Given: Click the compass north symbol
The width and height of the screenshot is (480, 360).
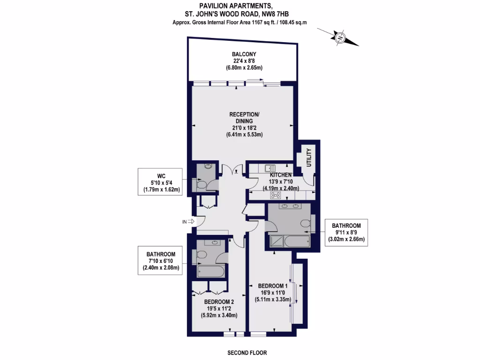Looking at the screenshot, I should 338,37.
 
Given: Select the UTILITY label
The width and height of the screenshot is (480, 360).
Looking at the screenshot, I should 309,157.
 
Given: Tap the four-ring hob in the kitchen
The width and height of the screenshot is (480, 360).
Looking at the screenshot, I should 275,196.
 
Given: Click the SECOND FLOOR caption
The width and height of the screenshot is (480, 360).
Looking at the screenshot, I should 247,353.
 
